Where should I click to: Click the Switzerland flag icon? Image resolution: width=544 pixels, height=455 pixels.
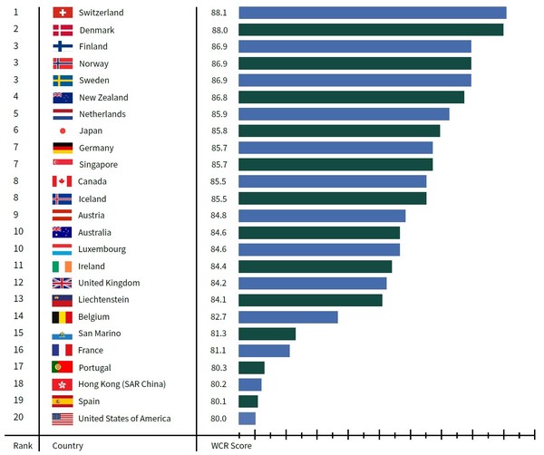click(63, 13)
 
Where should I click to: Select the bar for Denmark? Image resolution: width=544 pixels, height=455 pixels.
click(370, 30)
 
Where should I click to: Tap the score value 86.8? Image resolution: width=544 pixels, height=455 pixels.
click(219, 97)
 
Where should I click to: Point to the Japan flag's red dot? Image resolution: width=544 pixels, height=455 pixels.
click(63, 131)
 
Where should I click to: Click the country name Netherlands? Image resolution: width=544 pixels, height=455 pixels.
click(102, 114)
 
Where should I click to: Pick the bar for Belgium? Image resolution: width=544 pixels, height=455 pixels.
click(287, 317)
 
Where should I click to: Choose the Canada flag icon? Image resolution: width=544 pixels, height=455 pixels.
click(63, 181)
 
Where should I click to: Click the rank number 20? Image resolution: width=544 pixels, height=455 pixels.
click(17, 418)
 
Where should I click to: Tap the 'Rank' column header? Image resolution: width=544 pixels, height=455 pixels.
click(23, 445)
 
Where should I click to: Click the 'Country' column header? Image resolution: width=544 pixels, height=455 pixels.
click(68, 445)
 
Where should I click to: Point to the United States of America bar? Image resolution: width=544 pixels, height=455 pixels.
click(247, 419)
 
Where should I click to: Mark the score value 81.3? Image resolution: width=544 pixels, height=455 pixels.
click(219, 334)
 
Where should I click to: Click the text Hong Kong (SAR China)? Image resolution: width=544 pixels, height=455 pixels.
click(122, 384)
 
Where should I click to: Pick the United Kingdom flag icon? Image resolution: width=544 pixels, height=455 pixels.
click(63, 283)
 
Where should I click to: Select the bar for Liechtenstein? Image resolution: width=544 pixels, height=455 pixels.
click(310, 300)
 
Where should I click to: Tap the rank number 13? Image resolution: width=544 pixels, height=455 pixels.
click(17, 299)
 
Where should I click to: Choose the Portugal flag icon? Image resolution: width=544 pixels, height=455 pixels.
click(63, 367)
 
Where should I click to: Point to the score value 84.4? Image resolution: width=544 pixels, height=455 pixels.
click(219, 266)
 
